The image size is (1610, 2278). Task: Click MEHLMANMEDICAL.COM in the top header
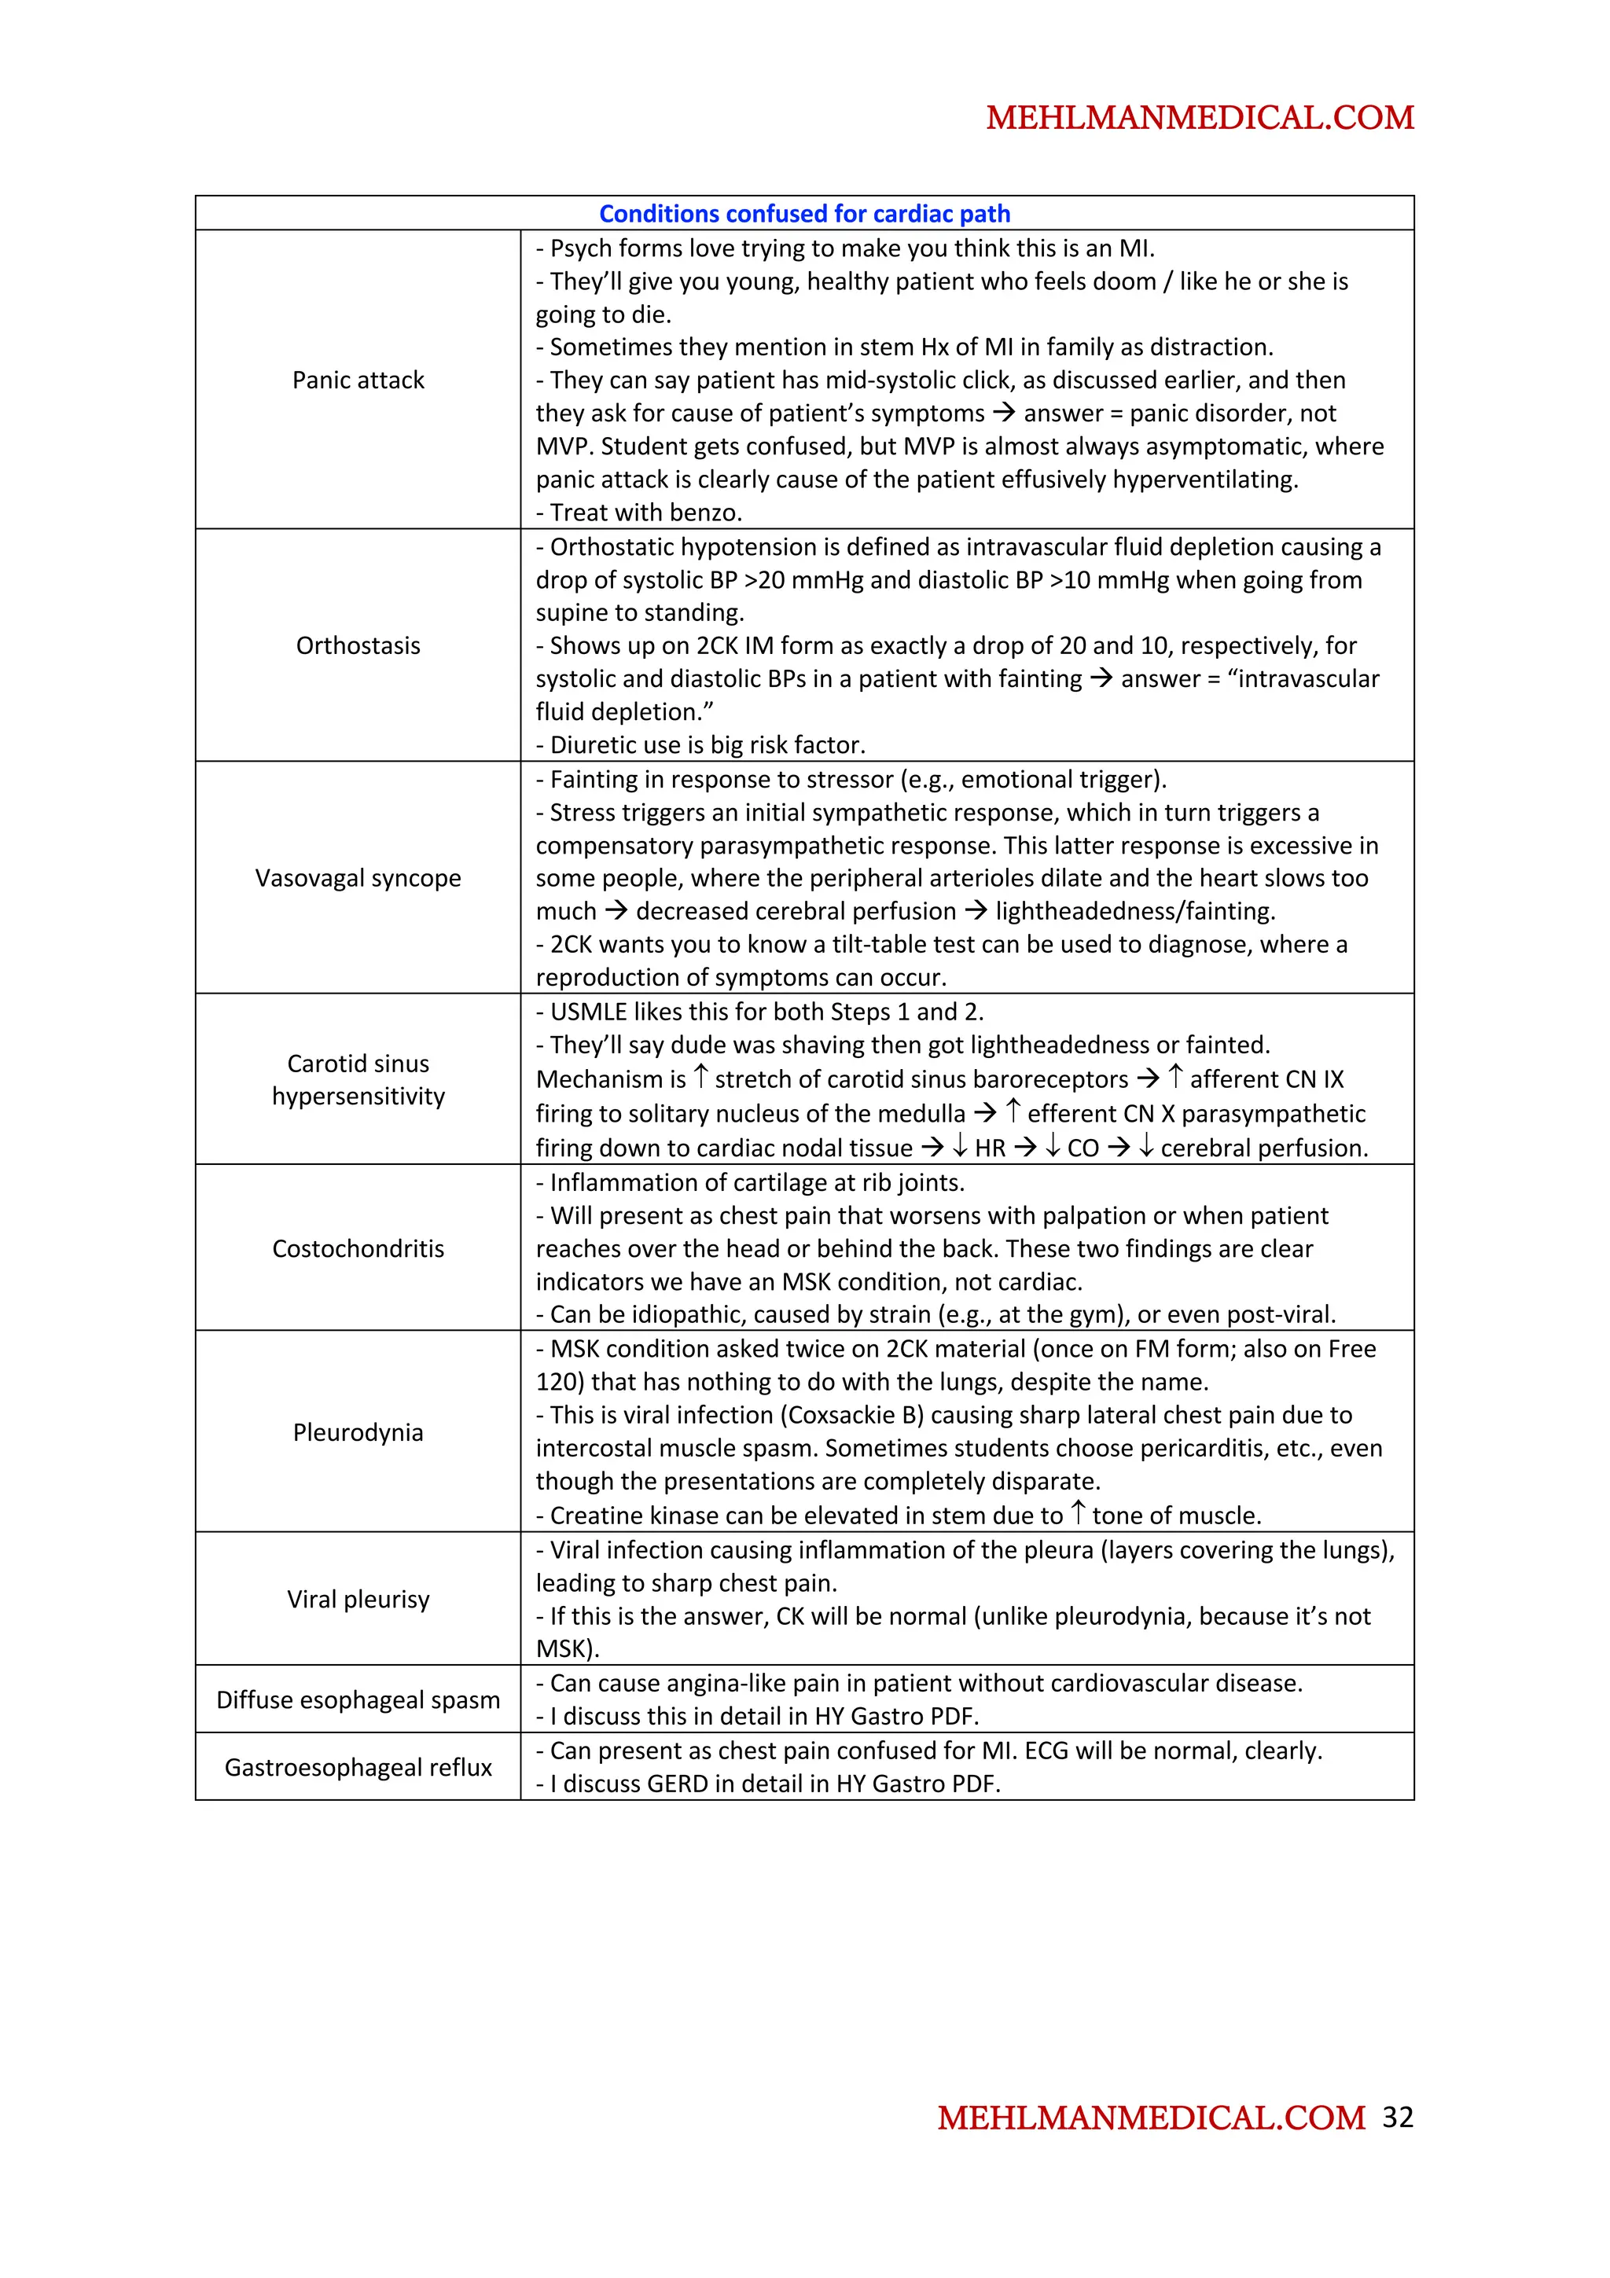coord(1200,117)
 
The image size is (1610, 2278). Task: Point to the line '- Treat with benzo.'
coord(639,513)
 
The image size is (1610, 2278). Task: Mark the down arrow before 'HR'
coord(959,1147)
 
